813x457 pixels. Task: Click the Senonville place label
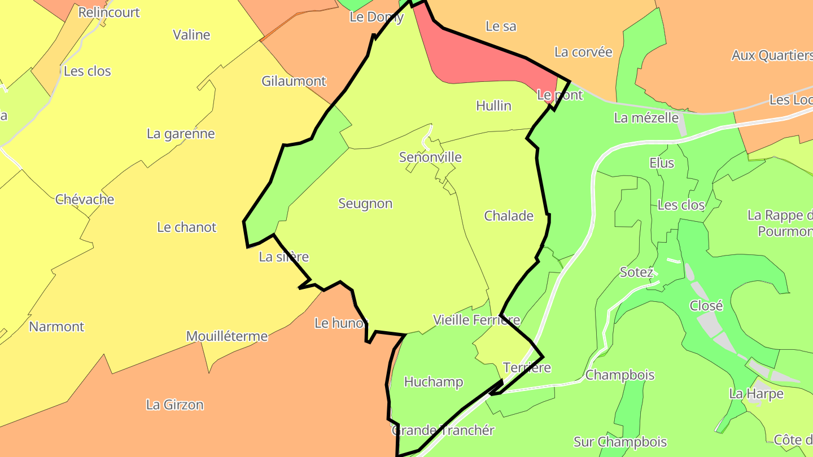[x=430, y=157]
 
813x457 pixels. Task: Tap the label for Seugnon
[x=365, y=204]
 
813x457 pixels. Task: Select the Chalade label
[x=509, y=216]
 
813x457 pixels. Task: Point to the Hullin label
[x=493, y=106]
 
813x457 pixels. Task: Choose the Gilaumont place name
[x=294, y=81]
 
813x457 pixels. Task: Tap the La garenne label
[x=181, y=134]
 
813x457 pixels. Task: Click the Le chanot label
[x=186, y=227]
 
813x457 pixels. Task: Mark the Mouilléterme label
[x=227, y=337]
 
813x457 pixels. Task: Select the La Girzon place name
[x=174, y=405]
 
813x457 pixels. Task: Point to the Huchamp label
[x=434, y=382]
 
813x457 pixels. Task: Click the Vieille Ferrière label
[x=476, y=320]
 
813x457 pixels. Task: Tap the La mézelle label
[x=646, y=118]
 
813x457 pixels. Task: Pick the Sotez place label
[x=636, y=273]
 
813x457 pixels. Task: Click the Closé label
[x=706, y=306]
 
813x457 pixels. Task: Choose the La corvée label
[x=583, y=52]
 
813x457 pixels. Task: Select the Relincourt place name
[x=109, y=12]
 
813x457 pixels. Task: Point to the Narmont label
[x=56, y=327]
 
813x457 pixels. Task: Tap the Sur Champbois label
[x=620, y=442]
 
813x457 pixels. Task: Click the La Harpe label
[x=756, y=394]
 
